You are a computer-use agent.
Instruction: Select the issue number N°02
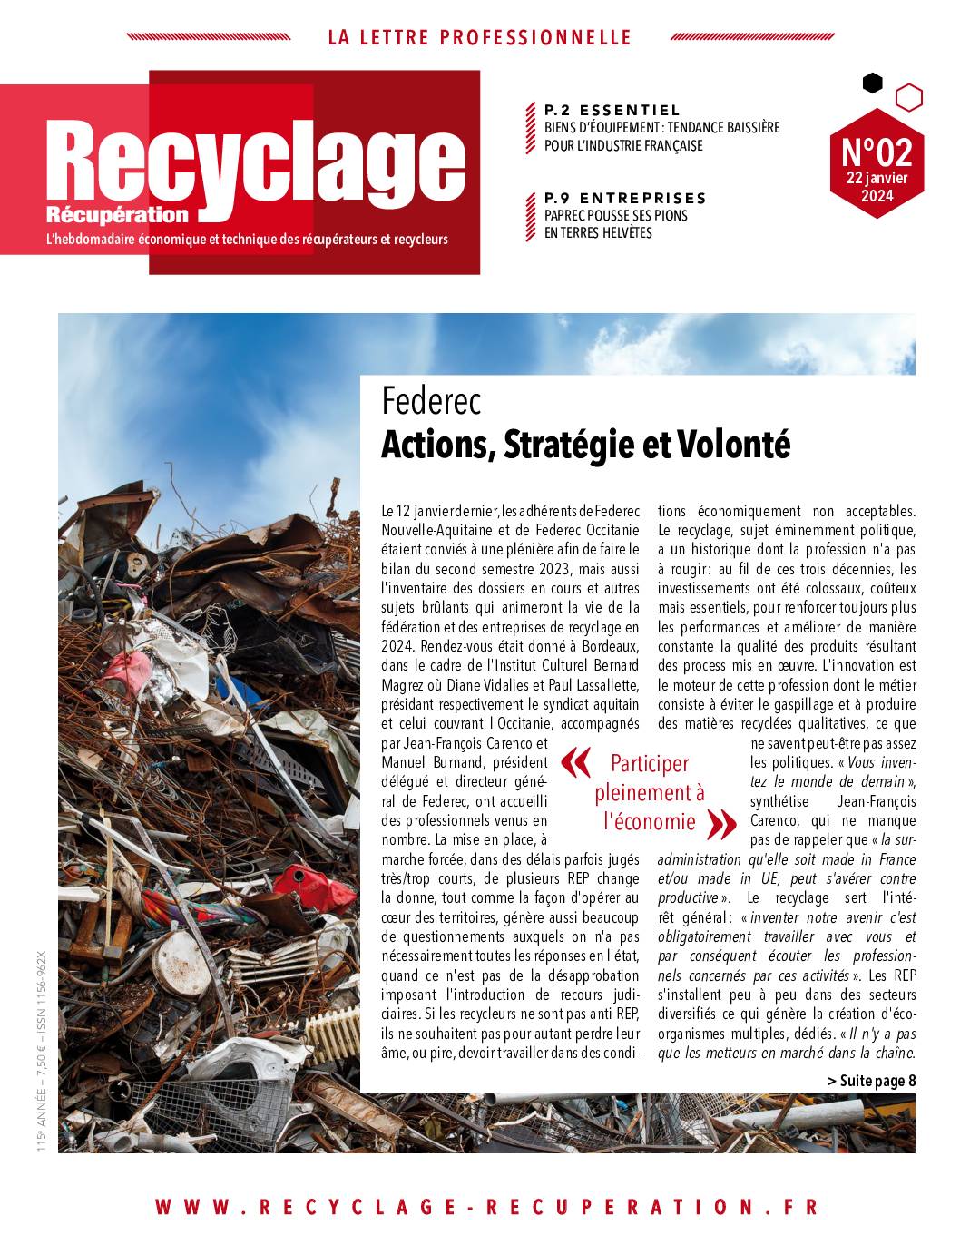[x=877, y=151]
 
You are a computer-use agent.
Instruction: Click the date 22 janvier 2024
[x=877, y=187]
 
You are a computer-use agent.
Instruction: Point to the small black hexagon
[x=872, y=83]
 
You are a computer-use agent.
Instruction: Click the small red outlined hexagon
[x=908, y=97]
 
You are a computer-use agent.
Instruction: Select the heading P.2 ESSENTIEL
[x=612, y=110]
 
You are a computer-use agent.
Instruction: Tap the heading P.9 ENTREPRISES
[x=625, y=198]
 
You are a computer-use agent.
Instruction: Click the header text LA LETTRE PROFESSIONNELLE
[x=479, y=37]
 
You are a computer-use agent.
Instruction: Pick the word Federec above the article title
[x=431, y=401]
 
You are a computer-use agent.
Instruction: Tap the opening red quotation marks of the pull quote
[x=575, y=764]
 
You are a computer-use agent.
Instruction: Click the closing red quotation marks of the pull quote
[x=720, y=824]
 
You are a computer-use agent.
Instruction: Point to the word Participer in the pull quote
[x=649, y=763]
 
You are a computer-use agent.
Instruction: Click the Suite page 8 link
[x=872, y=1080]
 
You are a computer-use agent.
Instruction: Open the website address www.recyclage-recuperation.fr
[x=487, y=1207]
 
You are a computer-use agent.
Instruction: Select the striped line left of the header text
[x=208, y=37]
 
